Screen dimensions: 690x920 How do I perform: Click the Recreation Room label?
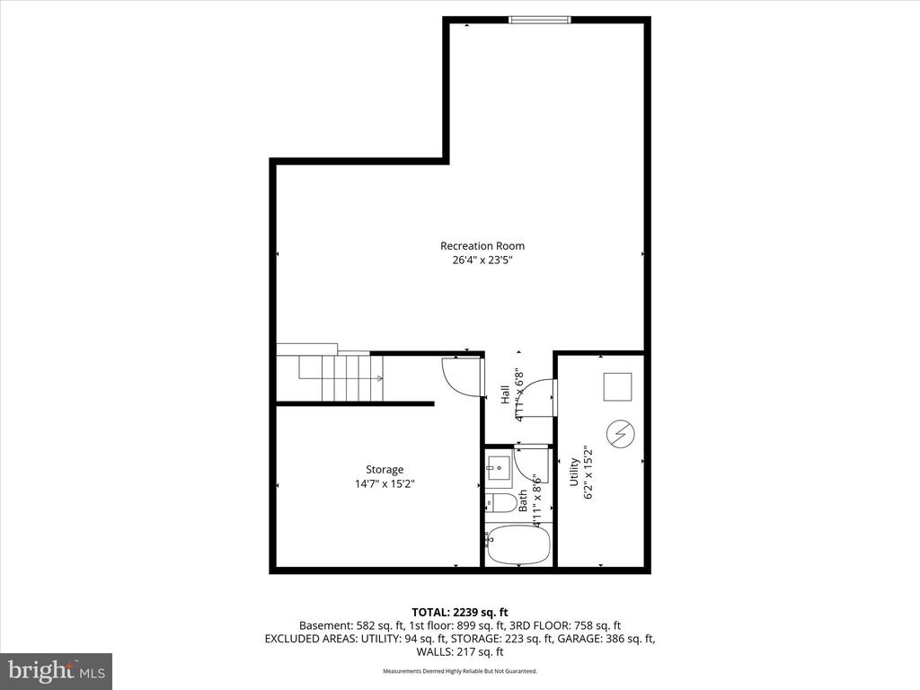point(482,246)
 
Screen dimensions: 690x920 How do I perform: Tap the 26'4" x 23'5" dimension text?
point(482,261)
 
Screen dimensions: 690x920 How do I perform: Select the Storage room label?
point(384,469)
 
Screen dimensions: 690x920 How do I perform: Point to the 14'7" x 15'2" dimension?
point(384,483)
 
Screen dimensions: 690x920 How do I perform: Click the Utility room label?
point(573,472)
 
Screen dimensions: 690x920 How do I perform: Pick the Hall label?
point(505,394)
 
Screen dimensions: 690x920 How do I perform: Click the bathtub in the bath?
point(518,545)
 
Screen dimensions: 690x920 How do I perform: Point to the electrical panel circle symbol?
point(621,435)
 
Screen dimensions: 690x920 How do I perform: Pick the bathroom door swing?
point(530,464)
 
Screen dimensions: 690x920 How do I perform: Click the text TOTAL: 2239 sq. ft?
point(459,611)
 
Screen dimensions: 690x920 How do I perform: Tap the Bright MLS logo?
point(56,671)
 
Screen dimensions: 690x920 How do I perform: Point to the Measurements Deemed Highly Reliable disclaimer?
point(459,671)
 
